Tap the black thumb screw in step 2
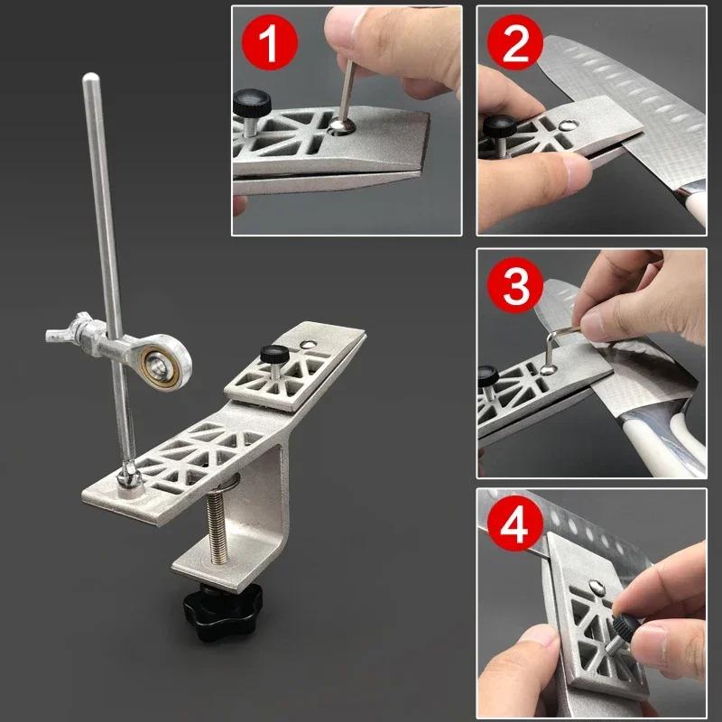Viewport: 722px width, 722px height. [495, 129]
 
